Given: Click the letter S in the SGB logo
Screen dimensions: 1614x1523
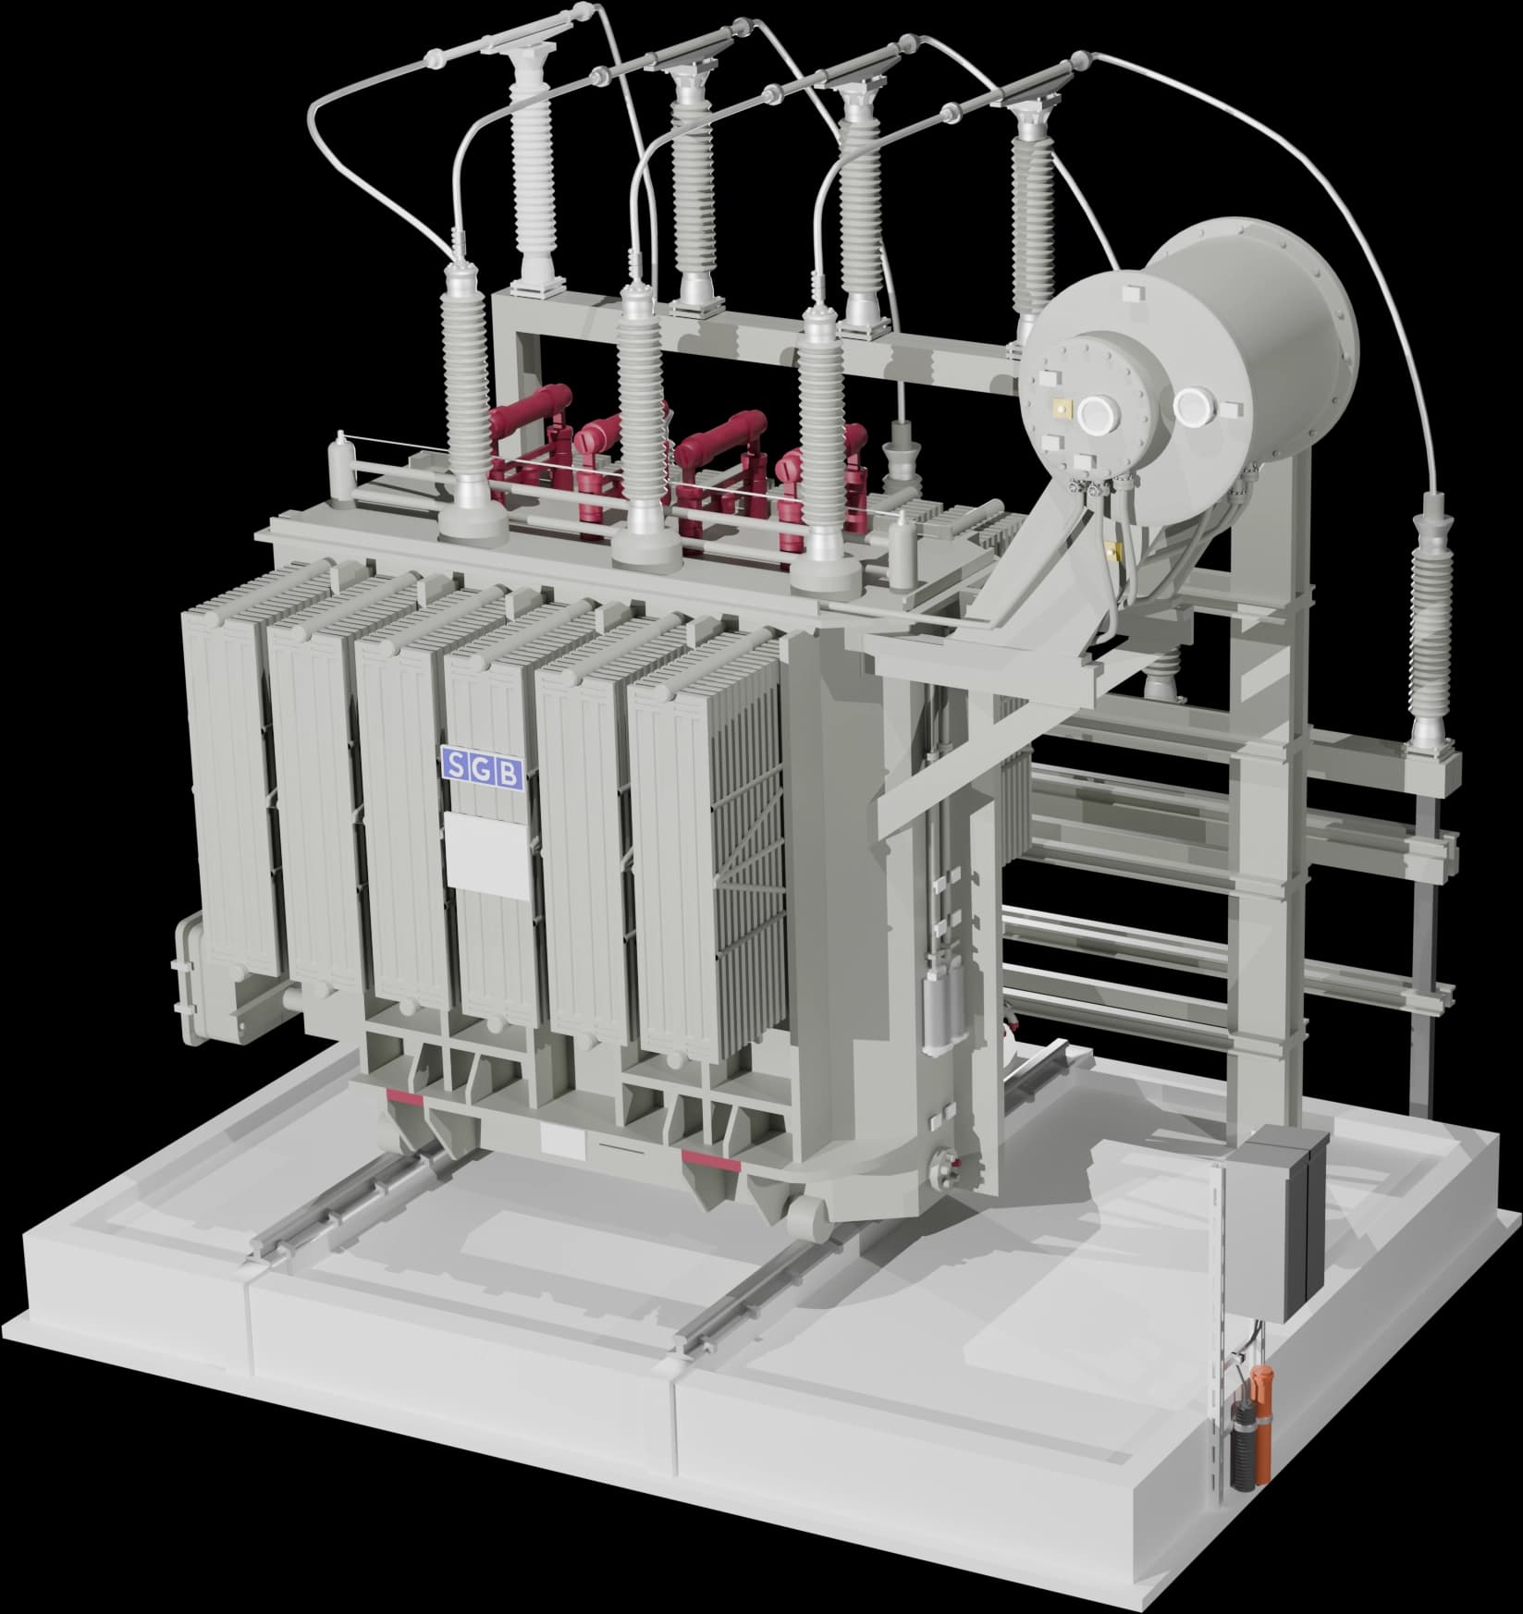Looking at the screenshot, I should click(456, 763).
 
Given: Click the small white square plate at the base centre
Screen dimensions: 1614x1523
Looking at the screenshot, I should click(561, 1139).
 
